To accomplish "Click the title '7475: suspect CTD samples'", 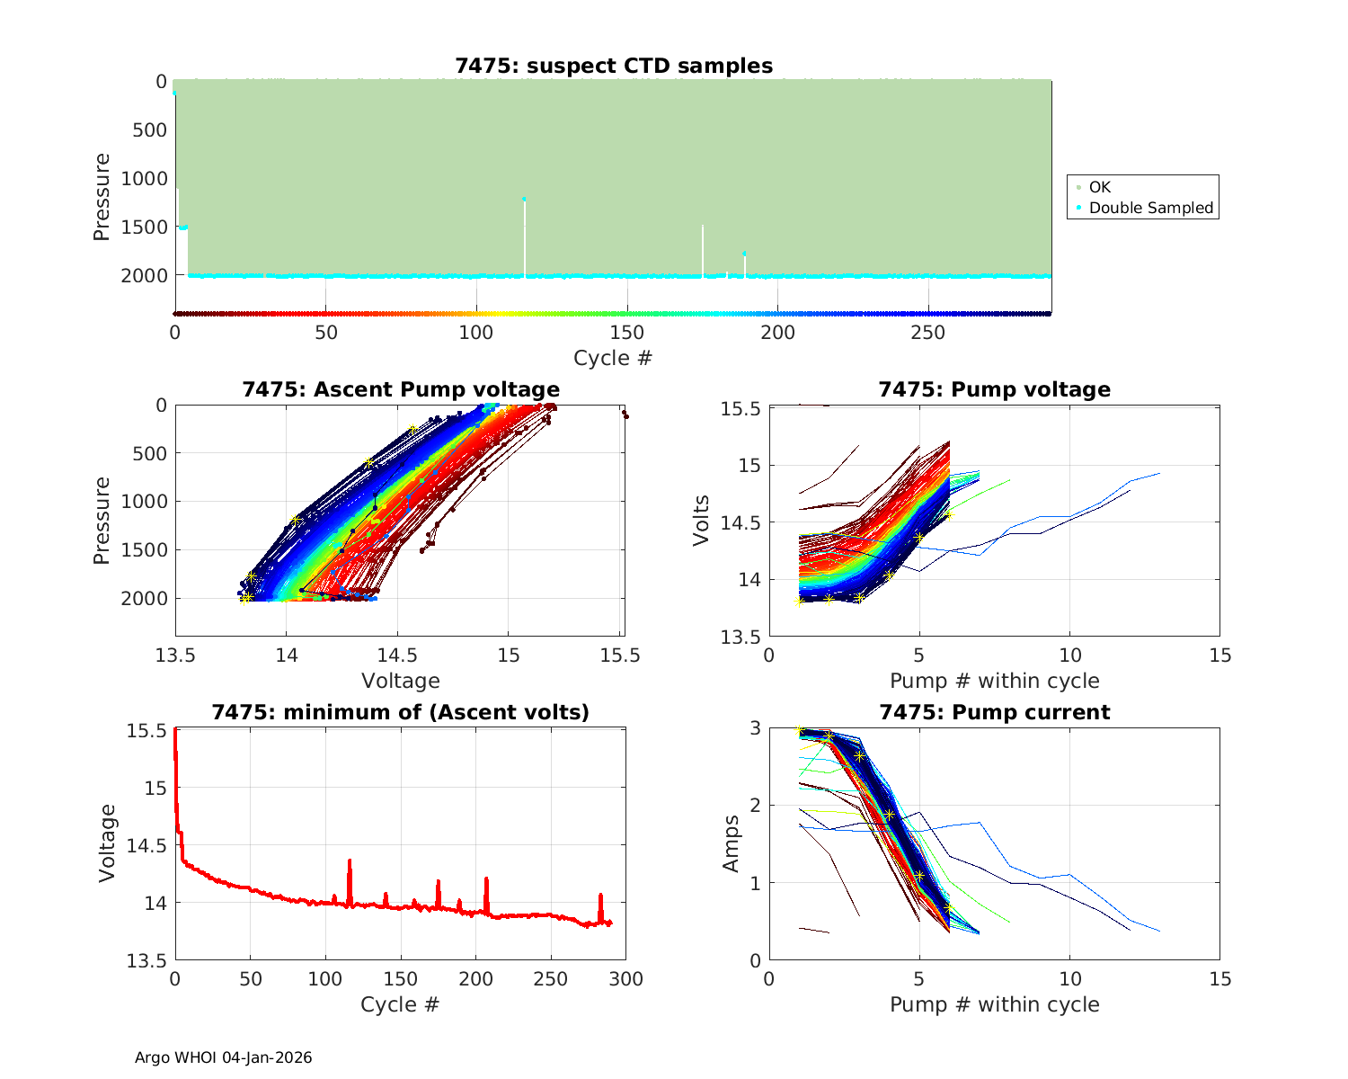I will pos(613,66).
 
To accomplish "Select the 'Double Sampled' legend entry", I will pos(1150,208).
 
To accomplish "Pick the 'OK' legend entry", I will pos(1099,187).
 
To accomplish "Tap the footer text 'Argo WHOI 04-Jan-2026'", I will pos(223,1057).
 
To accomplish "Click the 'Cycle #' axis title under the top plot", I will pos(613,358).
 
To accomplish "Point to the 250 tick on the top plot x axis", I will pos(928,333).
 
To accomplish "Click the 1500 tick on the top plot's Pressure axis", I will pos(144,227).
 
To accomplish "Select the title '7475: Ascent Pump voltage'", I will pos(400,389).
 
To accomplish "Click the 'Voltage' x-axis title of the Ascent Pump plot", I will pos(400,681).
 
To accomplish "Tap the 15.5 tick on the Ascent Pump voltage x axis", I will pos(620,655).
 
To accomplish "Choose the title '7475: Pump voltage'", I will pos(994,389).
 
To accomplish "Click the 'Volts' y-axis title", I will pos(701,522).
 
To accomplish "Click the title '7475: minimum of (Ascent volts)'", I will pos(400,712).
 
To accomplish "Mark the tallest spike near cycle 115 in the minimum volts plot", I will pos(349,861).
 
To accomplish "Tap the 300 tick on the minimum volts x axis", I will pos(625,979).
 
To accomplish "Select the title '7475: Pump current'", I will pos(994,712).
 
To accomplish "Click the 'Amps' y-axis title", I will pos(731,843).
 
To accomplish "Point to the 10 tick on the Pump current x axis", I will pos(1069,979).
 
